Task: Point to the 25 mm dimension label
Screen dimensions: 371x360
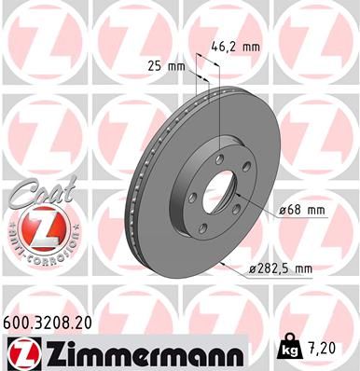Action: tap(165, 65)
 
